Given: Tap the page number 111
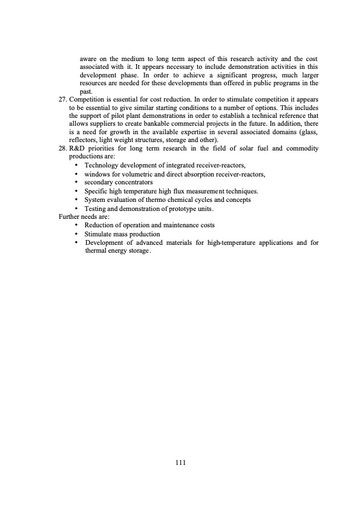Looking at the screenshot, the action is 180,462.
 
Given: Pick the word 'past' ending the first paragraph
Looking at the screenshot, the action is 85,90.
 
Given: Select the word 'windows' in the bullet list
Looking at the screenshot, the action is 97,173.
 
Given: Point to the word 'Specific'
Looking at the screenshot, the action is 96,191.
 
